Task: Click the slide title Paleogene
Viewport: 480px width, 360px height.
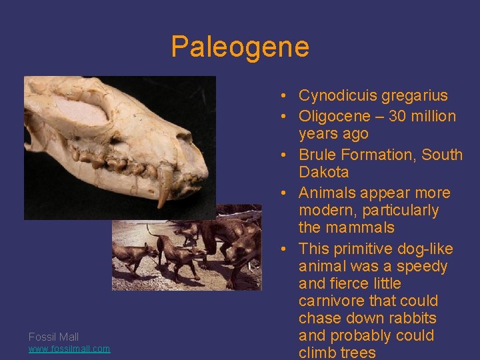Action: (x=240, y=47)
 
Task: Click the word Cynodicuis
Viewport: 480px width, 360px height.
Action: (x=337, y=95)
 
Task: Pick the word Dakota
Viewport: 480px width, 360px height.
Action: (x=323, y=172)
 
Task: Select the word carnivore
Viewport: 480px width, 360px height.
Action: (x=331, y=301)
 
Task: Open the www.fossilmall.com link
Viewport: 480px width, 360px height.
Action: (x=69, y=349)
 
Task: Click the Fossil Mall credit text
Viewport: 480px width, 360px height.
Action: (x=53, y=337)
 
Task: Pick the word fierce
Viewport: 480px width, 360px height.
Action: (x=347, y=284)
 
